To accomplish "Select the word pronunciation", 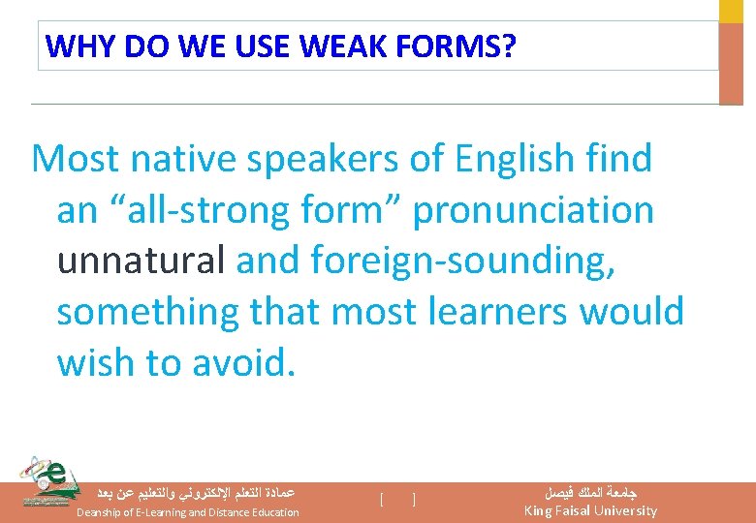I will click(x=533, y=210).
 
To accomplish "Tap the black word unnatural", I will click(x=141, y=261).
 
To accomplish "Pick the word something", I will click(x=147, y=312).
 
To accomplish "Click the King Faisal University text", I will click(x=590, y=510).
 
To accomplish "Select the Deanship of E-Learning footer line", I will click(x=188, y=511).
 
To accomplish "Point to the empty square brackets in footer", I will click(x=398, y=500).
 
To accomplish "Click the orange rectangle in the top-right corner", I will click(x=730, y=63).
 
